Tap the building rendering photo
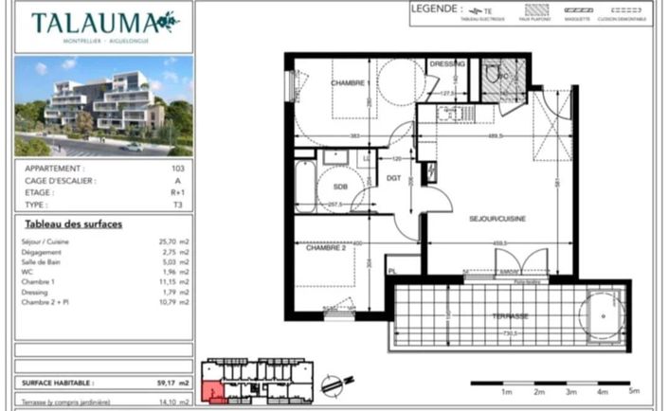tap(103, 106)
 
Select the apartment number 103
tap(177, 168)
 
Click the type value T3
tap(178, 204)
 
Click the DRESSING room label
tap(447, 63)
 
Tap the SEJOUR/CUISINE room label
tap(497, 218)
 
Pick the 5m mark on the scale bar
tap(634, 390)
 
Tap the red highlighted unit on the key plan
tap(217, 394)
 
